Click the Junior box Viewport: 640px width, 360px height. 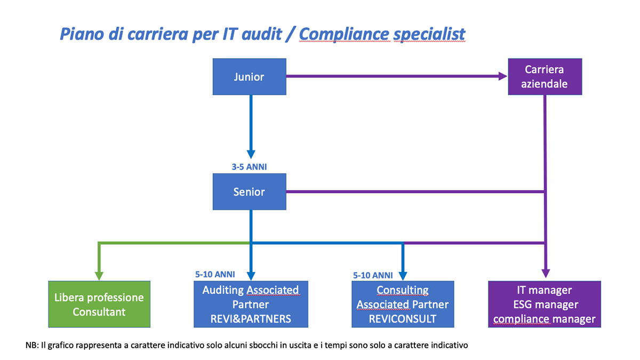(250, 77)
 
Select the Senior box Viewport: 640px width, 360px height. (250, 191)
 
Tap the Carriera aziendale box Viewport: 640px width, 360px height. (545, 77)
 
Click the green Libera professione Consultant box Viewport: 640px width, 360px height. (99, 304)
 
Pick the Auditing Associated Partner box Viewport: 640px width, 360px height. (251, 304)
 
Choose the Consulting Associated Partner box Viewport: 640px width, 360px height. (403, 304)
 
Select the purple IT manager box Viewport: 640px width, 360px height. (545, 304)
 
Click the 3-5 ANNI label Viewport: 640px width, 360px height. (249, 167)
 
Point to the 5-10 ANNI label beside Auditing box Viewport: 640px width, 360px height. (215, 275)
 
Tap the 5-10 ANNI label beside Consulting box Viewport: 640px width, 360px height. (373, 275)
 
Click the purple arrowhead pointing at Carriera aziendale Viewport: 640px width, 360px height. (503, 76)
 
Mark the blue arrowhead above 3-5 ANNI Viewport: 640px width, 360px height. (251, 154)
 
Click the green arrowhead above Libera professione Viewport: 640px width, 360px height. (99, 276)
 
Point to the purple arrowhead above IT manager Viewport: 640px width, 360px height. (546, 274)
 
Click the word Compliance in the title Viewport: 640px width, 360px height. (344, 34)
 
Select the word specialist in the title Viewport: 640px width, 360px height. (429, 34)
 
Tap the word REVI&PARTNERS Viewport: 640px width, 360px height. (251, 319)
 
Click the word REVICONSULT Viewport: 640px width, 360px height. (403, 319)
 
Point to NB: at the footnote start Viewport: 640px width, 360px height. (32, 345)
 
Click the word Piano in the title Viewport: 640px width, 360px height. (82, 34)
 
